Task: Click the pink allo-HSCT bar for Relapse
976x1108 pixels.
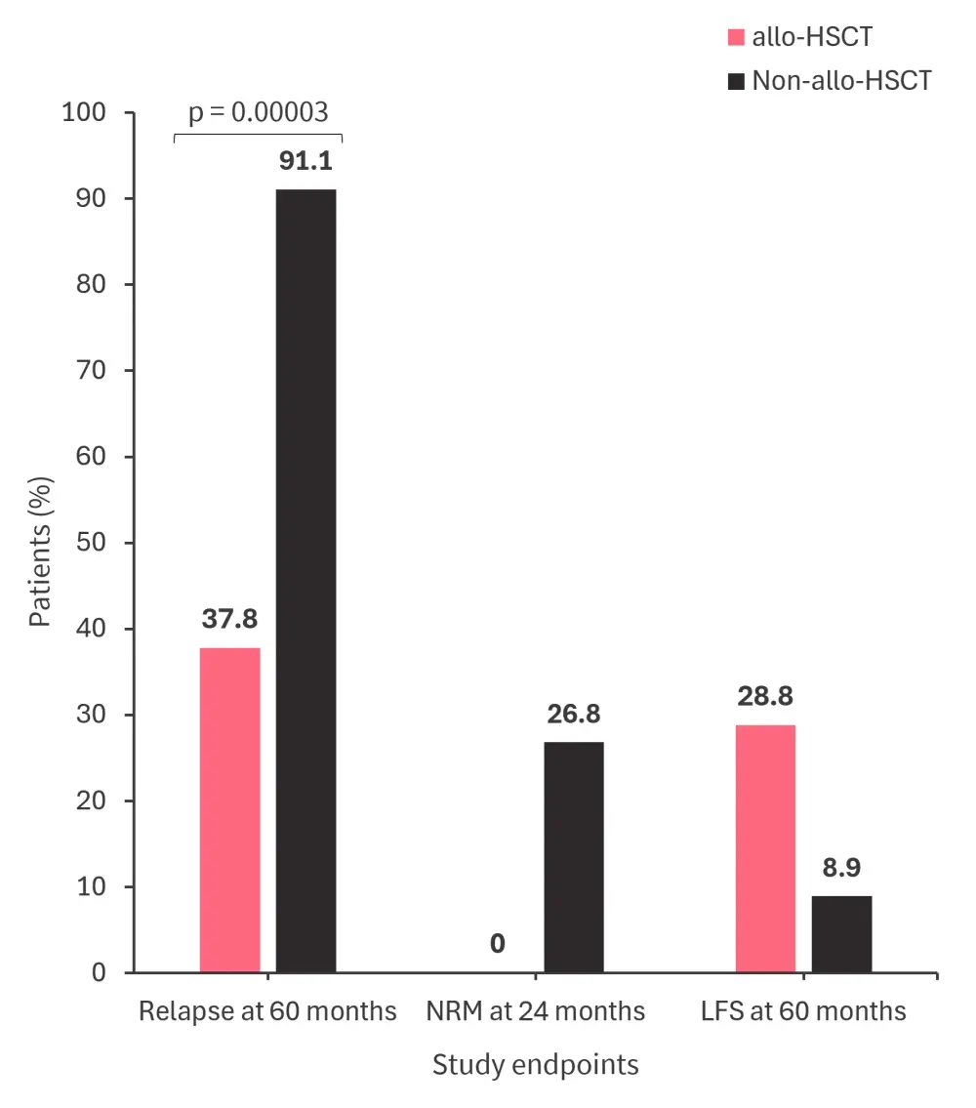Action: point(230,809)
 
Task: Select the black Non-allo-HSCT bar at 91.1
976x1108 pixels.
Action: point(305,581)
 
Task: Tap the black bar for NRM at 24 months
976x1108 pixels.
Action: point(574,857)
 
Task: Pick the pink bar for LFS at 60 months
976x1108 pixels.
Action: point(765,848)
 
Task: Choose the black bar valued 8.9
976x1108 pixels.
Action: point(841,933)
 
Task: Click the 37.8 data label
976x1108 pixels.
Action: point(230,619)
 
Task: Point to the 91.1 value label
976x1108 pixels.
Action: point(305,161)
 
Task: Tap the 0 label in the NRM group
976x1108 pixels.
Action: point(498,944)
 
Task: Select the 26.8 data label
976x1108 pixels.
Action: point(574,714)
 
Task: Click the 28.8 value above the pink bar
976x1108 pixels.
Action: point(765,696)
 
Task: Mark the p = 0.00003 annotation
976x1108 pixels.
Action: point(258,113)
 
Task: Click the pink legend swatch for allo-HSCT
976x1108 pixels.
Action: point(736,38)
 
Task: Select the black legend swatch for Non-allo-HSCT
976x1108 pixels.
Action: point(736,80)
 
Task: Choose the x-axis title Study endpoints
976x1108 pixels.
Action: point(536,1063)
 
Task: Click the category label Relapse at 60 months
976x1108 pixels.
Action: point(267,1010)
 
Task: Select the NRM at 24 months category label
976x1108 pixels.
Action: point(536,1010)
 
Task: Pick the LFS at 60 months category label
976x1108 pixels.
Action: point(803,1010)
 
